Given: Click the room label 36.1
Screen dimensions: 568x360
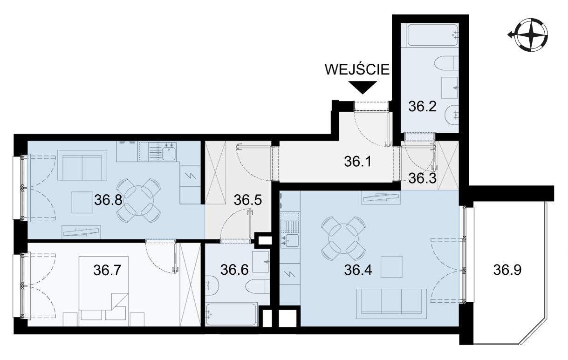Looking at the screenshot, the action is pyautogui.click(x=358, y=162).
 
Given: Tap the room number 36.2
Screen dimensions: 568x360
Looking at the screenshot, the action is pyautogui.click(x=423, y=107).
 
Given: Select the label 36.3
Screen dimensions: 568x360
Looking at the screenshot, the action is pyautogui.click(x=423, y=178).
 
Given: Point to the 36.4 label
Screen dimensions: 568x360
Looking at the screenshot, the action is pyautogui.click(x=358, y=270).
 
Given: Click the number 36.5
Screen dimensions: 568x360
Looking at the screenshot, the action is pyautogui.click(x=248, y=200).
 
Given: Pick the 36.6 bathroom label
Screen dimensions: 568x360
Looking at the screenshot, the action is pyautogui.click(x=234, y=270).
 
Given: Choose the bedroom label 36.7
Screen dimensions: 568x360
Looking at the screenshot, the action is pyautogui.click(x=107, y=270).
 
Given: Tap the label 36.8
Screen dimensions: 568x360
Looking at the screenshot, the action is pyautogui.click(x=108, y=200).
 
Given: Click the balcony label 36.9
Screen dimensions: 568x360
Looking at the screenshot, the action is pyautogui.click(x=507, y=270).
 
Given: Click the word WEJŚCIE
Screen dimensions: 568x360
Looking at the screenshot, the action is pyautogui.click(x=357, y=69).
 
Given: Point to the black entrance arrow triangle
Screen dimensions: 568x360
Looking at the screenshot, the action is pyautogui.click(x=363, y=87).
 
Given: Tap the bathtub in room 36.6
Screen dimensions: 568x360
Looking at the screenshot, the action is pyautogui.click(x=232, y=315).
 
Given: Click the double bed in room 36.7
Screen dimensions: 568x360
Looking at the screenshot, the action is pyautogui.click(x=103, y=291).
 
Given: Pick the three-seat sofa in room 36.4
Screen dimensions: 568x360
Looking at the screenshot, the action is pyautogui.click(x=391, y=304).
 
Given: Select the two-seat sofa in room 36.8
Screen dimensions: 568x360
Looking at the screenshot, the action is pyautogui.click(x=82, y=165).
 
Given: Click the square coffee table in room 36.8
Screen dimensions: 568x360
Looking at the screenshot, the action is pyautogui.click(x=82, y=202).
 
